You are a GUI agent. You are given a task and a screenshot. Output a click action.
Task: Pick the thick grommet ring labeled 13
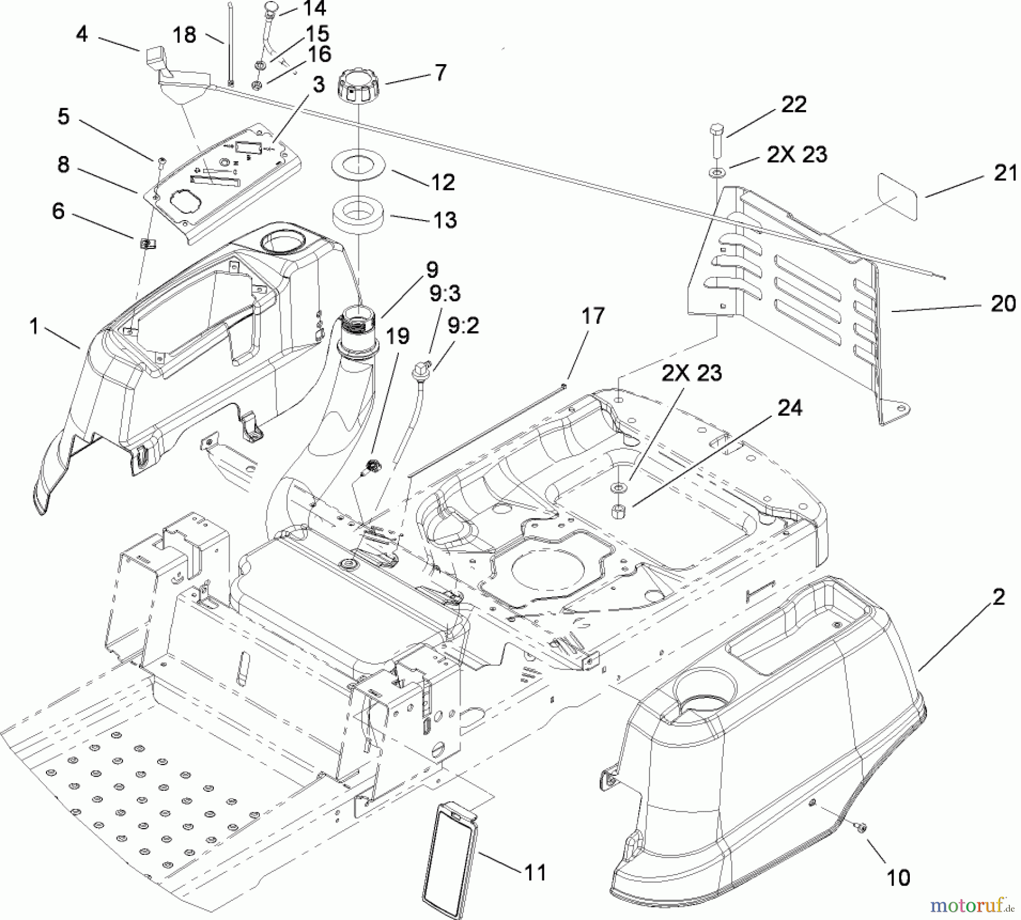[x=358, y=213]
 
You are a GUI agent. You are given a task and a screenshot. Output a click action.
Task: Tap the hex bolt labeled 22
[x=715, y=140]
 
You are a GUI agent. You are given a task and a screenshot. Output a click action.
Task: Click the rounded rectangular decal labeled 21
[x=897, y=196]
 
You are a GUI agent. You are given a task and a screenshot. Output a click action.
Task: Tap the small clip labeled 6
[x=147, y=244]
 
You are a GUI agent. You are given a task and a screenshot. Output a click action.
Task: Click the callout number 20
[x=1003, y=304]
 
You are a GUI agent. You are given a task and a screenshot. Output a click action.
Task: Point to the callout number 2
[x=998, y=597]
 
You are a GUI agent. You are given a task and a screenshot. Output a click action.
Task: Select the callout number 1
[x=34, y=327]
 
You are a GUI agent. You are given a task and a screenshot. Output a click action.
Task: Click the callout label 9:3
[x=445, y=294]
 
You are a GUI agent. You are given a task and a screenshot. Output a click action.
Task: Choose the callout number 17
[x=593, y=316]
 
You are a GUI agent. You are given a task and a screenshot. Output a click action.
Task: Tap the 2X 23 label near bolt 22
[x=797, y=154]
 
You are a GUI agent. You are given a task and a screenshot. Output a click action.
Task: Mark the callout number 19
[x=397, y=336]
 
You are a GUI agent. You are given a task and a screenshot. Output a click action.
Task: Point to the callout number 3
[x=319, y=85]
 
